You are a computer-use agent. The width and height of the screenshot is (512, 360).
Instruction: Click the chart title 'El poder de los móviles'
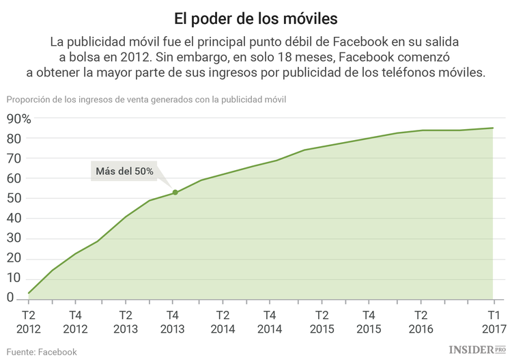[x=255, y=16]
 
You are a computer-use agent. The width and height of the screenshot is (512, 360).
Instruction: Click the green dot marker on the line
[x=175, y=193]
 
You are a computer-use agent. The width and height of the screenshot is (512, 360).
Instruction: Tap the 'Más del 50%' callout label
[x=124, y=171]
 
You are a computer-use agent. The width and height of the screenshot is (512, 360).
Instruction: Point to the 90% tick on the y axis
[x=18, y=119]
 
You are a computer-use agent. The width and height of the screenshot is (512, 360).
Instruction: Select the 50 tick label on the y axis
[x=14, y=199]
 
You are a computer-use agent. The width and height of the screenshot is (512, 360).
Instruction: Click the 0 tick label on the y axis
[x=10, y=299]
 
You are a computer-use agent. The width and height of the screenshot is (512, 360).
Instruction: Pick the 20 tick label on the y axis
[x=14, y=258]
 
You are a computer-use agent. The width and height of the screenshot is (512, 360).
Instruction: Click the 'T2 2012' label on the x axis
[x=29, y=322]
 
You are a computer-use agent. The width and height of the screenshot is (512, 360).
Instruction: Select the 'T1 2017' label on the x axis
[x=493, y=322]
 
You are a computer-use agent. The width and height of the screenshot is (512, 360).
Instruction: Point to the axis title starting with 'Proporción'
[x=146, y=99]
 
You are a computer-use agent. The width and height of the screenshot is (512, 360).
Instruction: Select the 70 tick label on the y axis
[x=14, y=158]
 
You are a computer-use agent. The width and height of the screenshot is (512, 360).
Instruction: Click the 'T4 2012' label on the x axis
[x=77, y=322]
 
